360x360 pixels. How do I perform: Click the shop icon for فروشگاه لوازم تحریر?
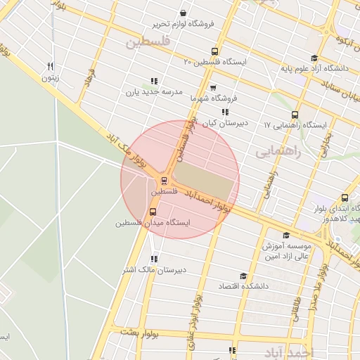[x=183, y=13]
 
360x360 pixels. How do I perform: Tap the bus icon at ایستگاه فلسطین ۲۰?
[x=215, y=51]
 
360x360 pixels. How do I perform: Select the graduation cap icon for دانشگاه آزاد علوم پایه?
[x=314, y=58]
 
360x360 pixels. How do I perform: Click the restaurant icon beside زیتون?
[x=49, y=67]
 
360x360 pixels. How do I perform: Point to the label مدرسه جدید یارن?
[x=154, y=92]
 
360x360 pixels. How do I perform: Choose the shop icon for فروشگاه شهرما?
[x=212, y=89]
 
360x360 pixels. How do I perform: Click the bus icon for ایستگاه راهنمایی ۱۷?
[x=295, y=115]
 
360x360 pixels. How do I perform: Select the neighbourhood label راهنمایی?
[x=278, y=151]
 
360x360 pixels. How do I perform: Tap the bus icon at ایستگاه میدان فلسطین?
[x=153, y=211]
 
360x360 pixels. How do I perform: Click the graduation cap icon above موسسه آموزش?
[x=285, y=235]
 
